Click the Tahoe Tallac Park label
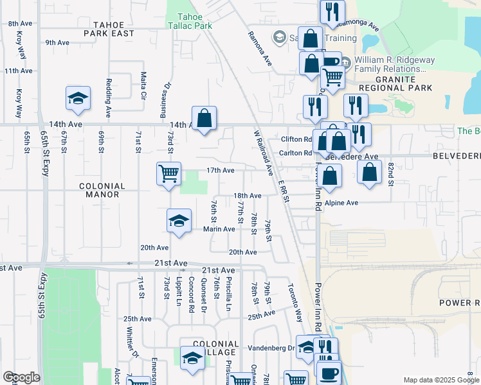[190, 21]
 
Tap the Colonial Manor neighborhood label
[102, 189]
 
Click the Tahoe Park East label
[109, 28]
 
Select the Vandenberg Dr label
[277, 348]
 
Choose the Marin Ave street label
[219, 229]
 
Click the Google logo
[21, 377]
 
